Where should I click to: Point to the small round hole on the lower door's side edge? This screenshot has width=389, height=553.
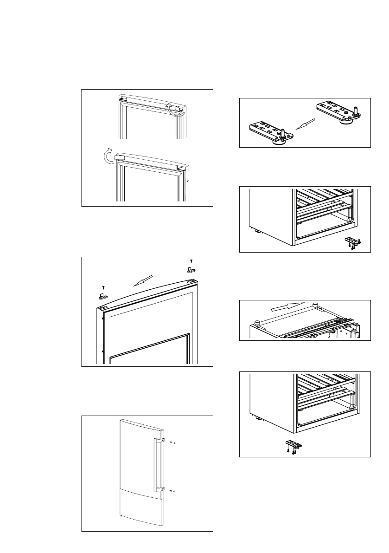click(x=188, y=180)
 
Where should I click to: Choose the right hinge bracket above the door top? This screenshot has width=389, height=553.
click(x=190, y=269)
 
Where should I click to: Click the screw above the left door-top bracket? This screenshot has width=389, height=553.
click(x=103, y=287)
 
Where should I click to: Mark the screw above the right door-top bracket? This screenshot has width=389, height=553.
click(x=191, y=261)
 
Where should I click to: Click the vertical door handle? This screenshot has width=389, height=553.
click(x=157, y=462)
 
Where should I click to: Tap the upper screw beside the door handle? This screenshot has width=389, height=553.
click(x=171, y=442)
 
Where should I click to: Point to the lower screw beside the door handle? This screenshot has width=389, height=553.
click(x=171, y=490)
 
